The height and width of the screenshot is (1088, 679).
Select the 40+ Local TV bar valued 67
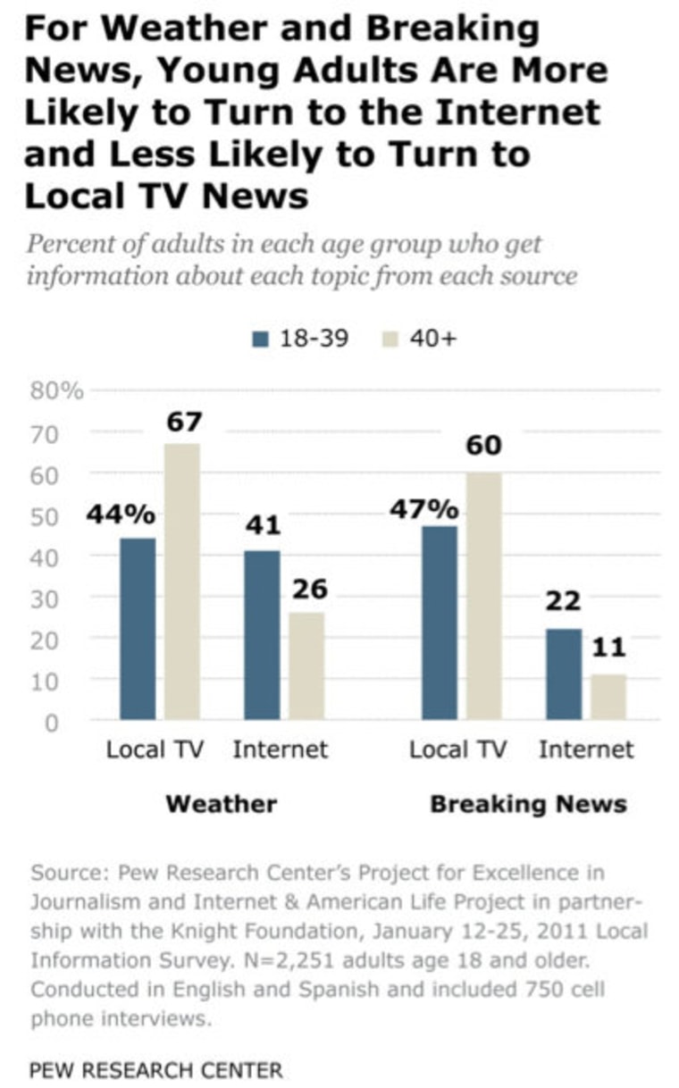[182, 581]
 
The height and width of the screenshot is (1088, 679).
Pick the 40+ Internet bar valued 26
[306, 665]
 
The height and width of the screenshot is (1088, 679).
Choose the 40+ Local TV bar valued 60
[484, 595]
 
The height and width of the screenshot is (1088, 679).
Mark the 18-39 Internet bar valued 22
[564, 674]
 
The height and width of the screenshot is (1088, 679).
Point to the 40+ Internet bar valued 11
[608, 697]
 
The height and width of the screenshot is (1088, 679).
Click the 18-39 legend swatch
[260, 339]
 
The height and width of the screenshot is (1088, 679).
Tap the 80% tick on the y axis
[56, 390]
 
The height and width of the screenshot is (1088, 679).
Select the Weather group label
[221, 804]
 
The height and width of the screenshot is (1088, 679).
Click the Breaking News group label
[528, 804]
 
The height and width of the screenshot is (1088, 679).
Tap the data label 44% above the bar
[121, 515]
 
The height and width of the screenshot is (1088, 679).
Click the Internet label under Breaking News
[585, 749]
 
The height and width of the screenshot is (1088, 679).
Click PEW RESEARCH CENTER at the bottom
[155, 1070]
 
